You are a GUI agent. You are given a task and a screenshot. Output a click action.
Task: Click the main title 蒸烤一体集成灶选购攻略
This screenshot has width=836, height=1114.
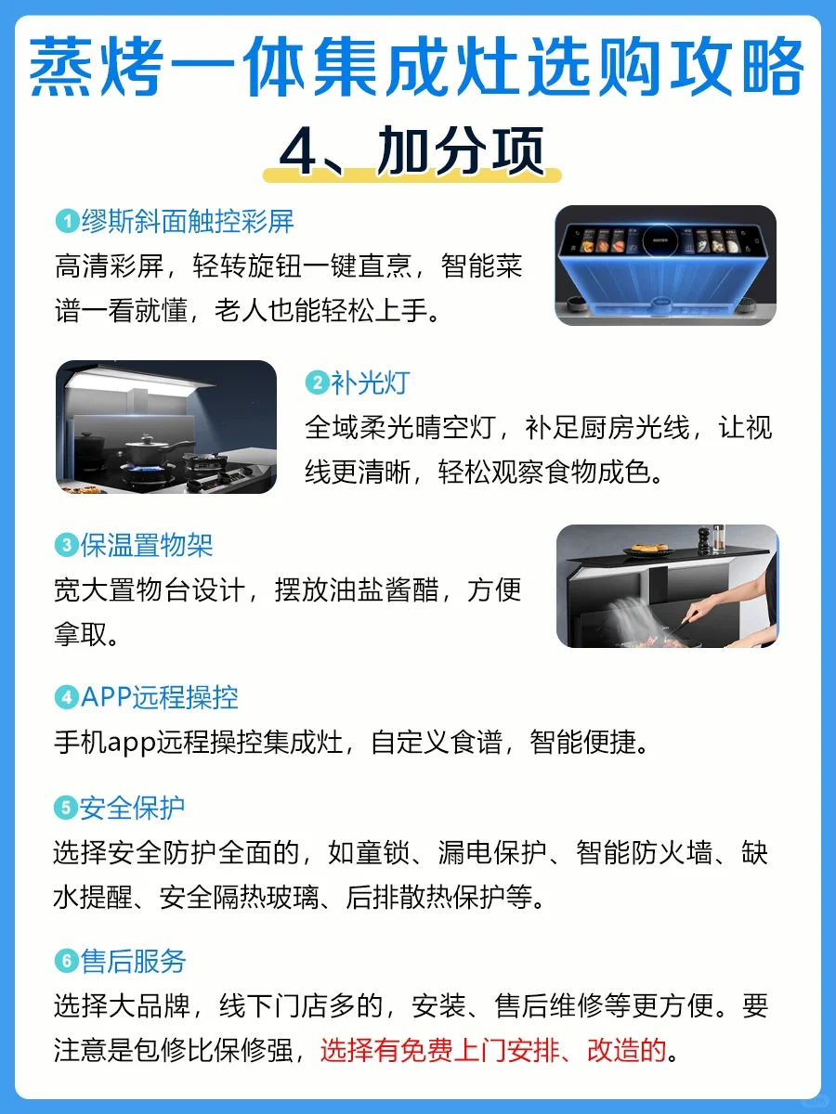pyautogui.click(x=416, y=67)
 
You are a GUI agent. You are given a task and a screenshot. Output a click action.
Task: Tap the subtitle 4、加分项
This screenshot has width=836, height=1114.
pyautogui.click(x=411, y=150)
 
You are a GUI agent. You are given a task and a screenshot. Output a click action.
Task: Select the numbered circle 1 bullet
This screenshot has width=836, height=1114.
pyautogui.click(x=67, y=221)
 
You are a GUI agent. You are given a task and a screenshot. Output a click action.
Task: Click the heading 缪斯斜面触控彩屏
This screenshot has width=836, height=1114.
pyautogui.click(x=188, y=221)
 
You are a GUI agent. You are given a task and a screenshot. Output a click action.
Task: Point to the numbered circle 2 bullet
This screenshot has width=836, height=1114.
pyautogui.click(x=318, y=382)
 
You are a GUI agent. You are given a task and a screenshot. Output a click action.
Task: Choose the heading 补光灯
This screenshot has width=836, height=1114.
pyautogui.click(x=370, y=382)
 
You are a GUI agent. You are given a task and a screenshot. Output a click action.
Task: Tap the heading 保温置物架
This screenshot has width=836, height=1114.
pyautogui.click(x=147, y=546)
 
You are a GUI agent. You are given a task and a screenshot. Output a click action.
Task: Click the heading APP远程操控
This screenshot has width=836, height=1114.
pyautogui.click(x=160, y=697)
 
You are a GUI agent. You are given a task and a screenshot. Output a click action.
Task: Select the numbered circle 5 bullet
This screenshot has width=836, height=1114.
pyautogui.click(x=65, y=807)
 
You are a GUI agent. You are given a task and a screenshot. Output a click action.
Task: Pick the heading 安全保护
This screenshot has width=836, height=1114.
pyautogui.click(x=132, y=807)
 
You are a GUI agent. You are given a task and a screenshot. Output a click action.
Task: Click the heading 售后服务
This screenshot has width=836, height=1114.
pyautogui.click(x=133, y=961)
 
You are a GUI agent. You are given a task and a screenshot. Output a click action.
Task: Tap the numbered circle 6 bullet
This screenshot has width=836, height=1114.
pyautogui.click(x=67, y=961)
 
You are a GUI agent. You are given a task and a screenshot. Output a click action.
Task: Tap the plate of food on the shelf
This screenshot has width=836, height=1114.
pyautogui.click(x=648, y=550)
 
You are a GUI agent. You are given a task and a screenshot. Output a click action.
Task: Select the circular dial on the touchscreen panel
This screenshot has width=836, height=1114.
pyautogui.click(x=660, y=240)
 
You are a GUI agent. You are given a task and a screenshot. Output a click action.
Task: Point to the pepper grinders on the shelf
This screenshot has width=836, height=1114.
pyautogui.click(x=711, y=539)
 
